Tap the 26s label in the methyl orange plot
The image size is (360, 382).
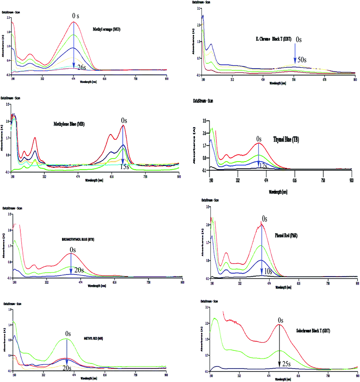(x=81, y=67)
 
